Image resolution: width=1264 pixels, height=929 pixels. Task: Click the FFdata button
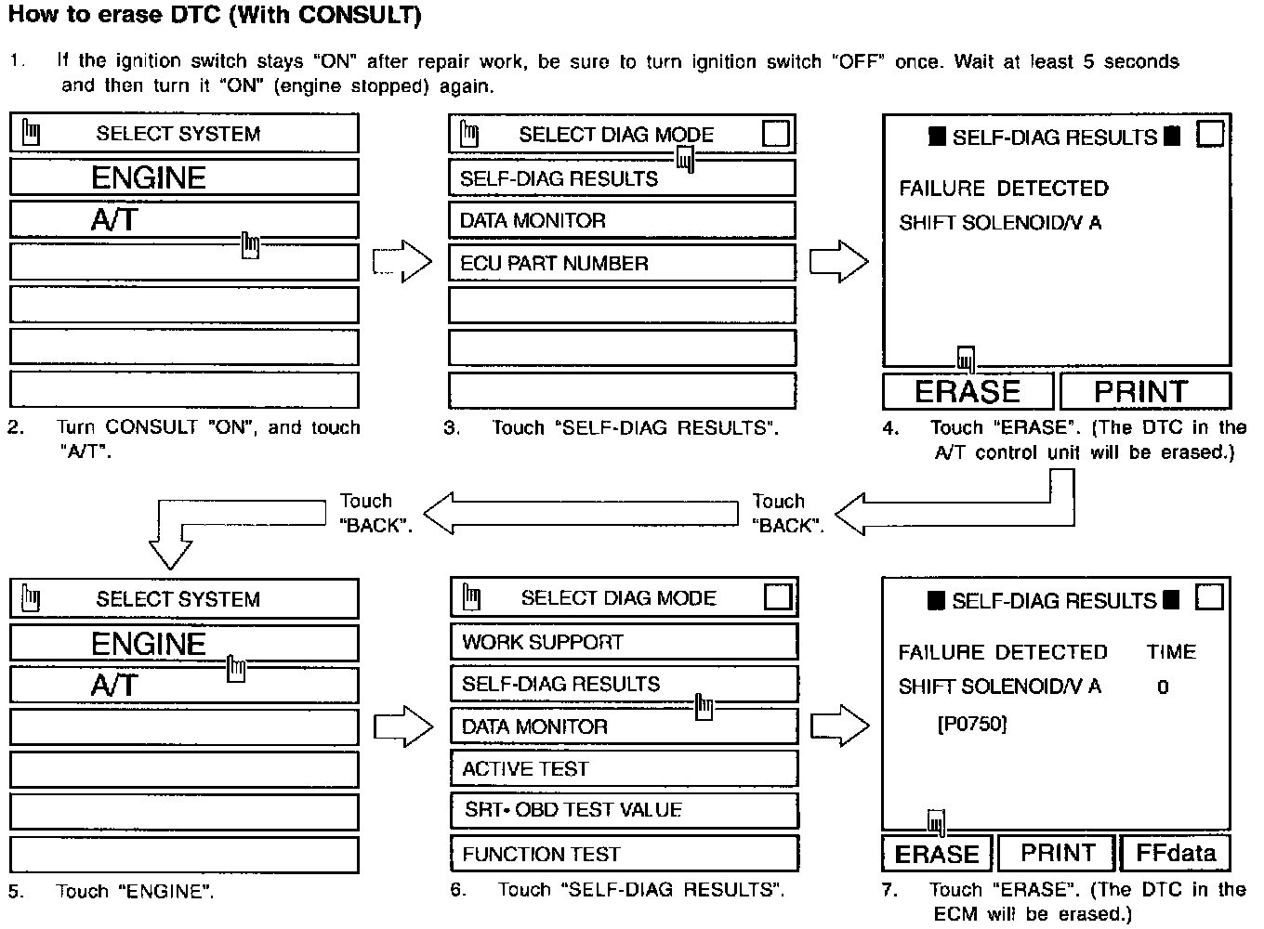[1176, 853]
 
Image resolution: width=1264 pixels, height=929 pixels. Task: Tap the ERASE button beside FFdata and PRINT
[937, 854]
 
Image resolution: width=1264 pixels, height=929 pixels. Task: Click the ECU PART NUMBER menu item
[621, 263]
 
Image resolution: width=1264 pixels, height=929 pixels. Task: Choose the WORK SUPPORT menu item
[623, 642]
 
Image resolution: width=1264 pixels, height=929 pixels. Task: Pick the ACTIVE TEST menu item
[623, 768]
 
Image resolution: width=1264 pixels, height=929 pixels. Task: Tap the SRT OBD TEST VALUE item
[623, 810]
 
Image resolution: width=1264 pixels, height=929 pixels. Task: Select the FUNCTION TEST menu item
[623, 854]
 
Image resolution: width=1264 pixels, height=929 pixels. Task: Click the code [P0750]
[972, 724]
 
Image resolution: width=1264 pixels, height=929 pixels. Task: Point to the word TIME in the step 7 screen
[1171, 652]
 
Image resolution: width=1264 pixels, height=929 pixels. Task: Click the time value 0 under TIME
[1163, 687]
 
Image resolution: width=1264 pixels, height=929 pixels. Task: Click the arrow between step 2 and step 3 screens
[402, 263]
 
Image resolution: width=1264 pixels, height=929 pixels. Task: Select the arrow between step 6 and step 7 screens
[840, 725]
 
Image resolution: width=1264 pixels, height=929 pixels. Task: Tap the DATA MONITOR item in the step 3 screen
[621, 220]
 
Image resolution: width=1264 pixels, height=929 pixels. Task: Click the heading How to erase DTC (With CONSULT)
[215, 16]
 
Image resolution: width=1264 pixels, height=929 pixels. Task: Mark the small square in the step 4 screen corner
[1210, 135]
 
